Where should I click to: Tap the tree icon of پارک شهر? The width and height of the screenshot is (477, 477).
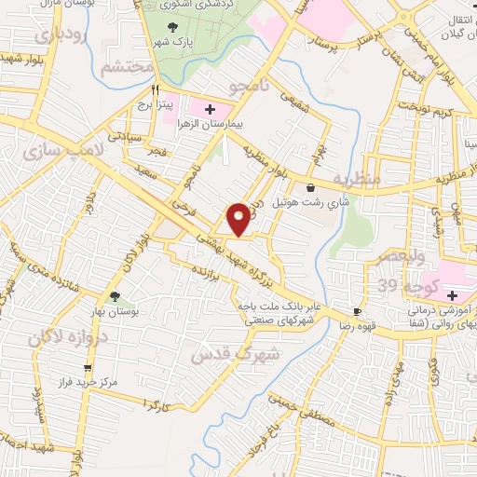[x=170, y=26]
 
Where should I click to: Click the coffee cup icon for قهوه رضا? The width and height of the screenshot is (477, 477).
[x=357, y=310]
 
